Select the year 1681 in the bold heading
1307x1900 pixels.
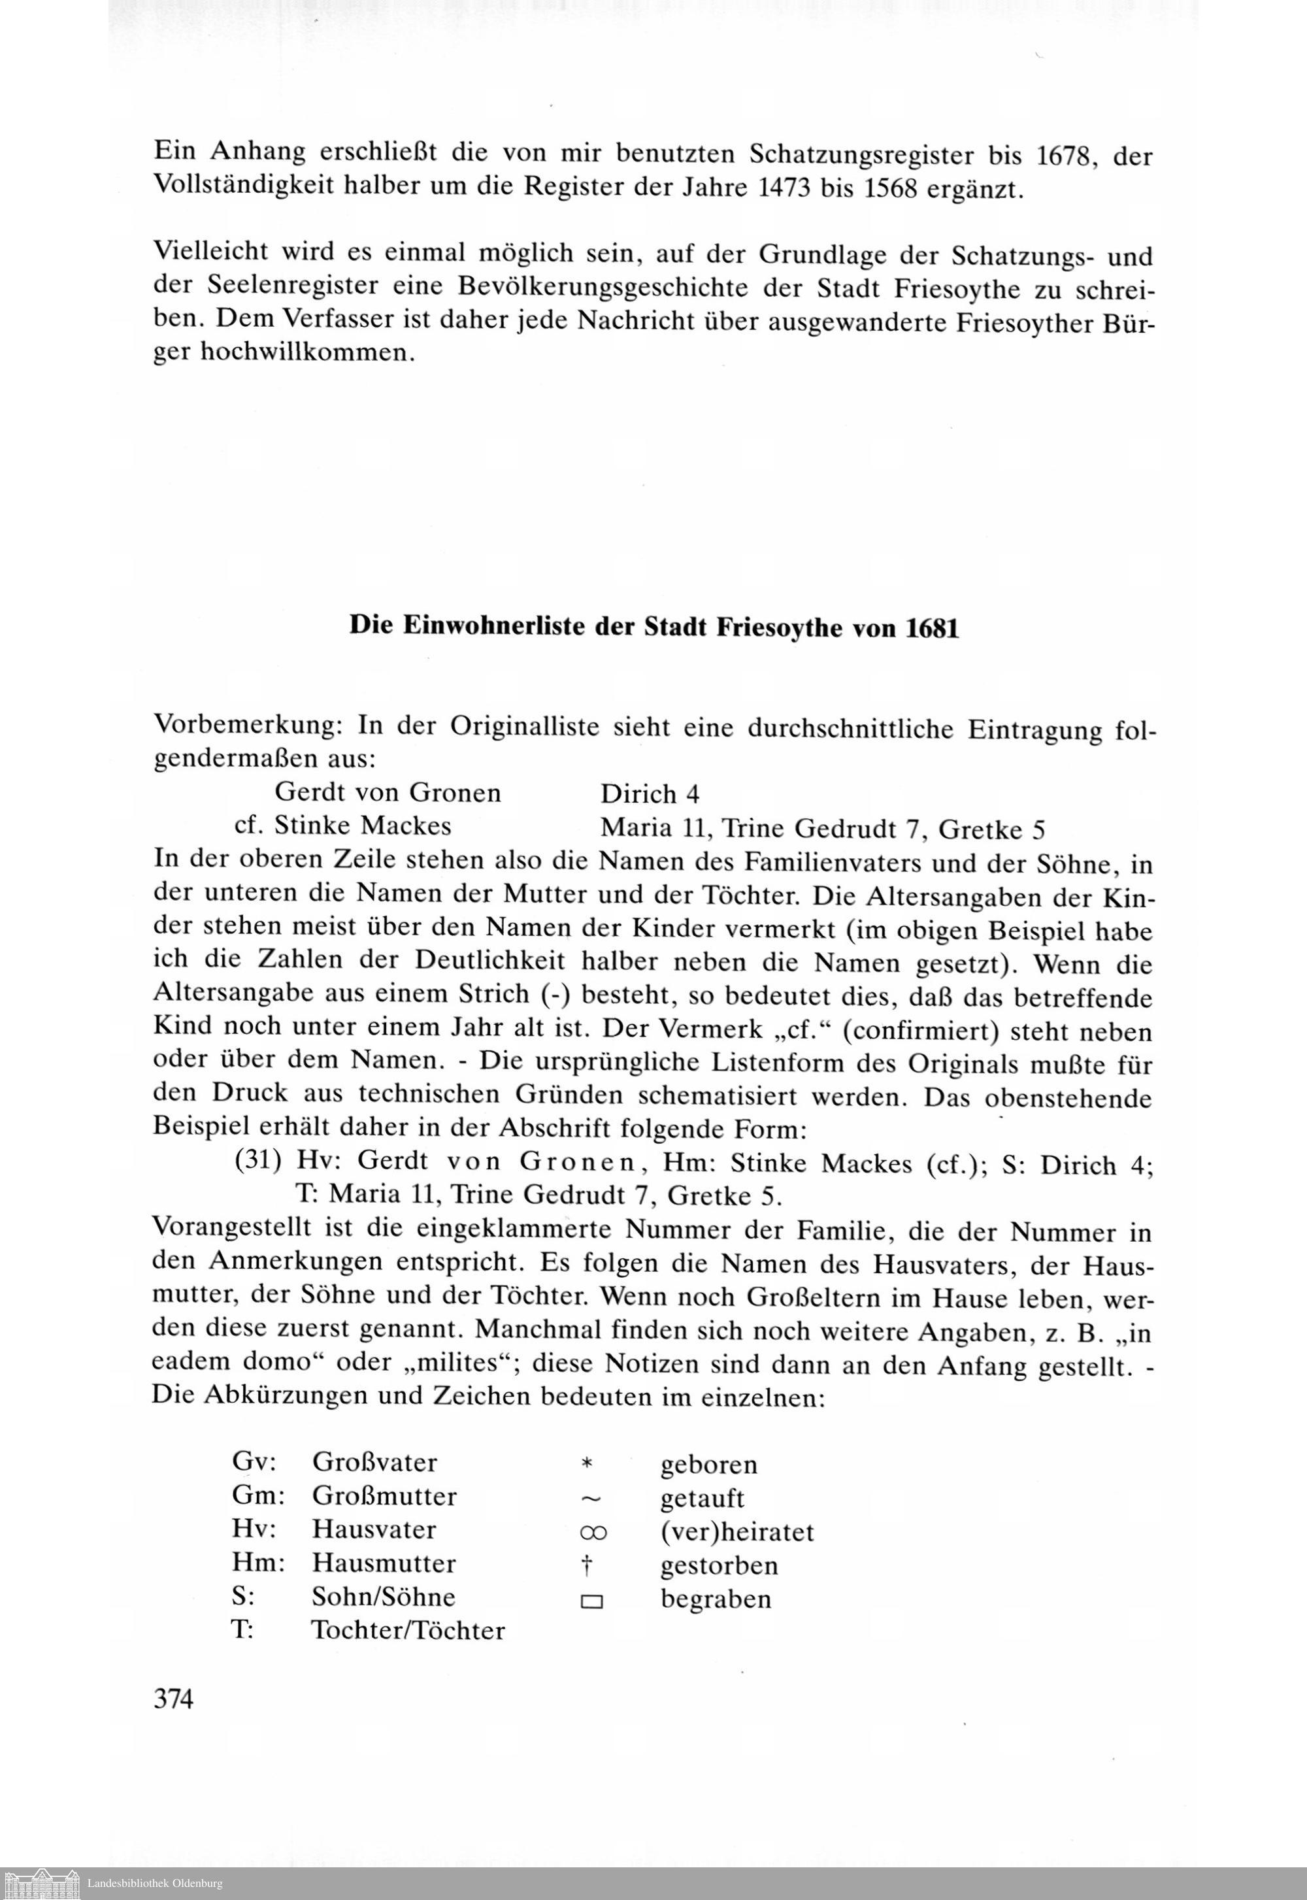coord(931,627)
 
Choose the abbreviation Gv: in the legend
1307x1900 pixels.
coord(255,1462)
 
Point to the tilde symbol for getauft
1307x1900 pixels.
coord(591,1499)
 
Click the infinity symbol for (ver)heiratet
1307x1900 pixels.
coord(593,1531)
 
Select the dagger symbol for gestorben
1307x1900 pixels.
coord(586,1565)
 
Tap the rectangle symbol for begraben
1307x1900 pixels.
coord(591,1601)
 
